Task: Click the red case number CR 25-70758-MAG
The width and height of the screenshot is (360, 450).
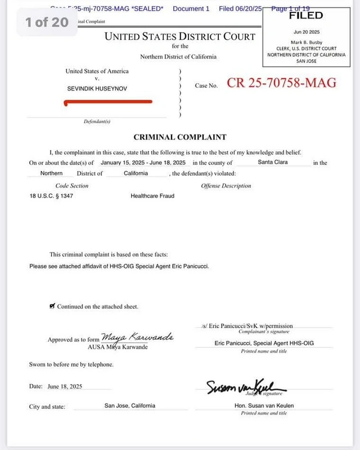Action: tap(281, 83)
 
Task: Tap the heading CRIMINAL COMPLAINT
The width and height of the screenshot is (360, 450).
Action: tap(179, 137)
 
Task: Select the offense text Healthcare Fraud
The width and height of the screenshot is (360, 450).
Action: tap(152, 196)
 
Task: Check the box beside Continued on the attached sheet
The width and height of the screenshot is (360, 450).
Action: tap(52, 306)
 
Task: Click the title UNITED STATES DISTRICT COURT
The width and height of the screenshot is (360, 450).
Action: tap(179, 37)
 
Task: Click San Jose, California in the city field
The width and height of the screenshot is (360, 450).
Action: tap(130, 406)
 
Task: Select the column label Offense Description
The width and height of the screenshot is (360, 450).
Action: tap(226, 186)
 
